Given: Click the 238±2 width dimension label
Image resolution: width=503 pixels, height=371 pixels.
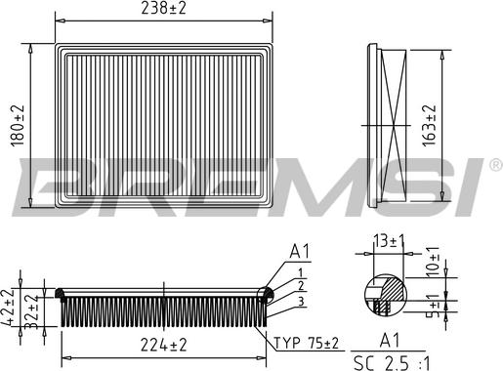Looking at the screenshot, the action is click(x=163, y=9).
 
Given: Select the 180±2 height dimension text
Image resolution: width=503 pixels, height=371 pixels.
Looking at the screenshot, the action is click(x=18, y=126).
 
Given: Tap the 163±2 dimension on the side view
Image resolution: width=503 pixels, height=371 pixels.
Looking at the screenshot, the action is click(x=429, y=126).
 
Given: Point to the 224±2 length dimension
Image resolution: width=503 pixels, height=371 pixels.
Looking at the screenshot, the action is click(x=164, y=345).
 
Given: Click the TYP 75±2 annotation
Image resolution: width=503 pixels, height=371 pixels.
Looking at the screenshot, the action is click(x=307, y=343).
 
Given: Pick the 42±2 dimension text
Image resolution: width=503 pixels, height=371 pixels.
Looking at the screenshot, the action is click(x=8, y=307).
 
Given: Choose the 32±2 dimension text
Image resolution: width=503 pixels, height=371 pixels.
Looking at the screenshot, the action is click(x=31, y=311).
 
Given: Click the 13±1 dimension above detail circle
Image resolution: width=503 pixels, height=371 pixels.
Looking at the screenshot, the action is click(x=389, y=241).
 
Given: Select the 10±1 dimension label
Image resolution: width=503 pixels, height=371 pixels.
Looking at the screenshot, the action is click(x=433, y=262).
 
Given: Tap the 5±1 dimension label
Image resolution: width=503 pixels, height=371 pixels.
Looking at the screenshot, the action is click(x=434, y=305).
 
